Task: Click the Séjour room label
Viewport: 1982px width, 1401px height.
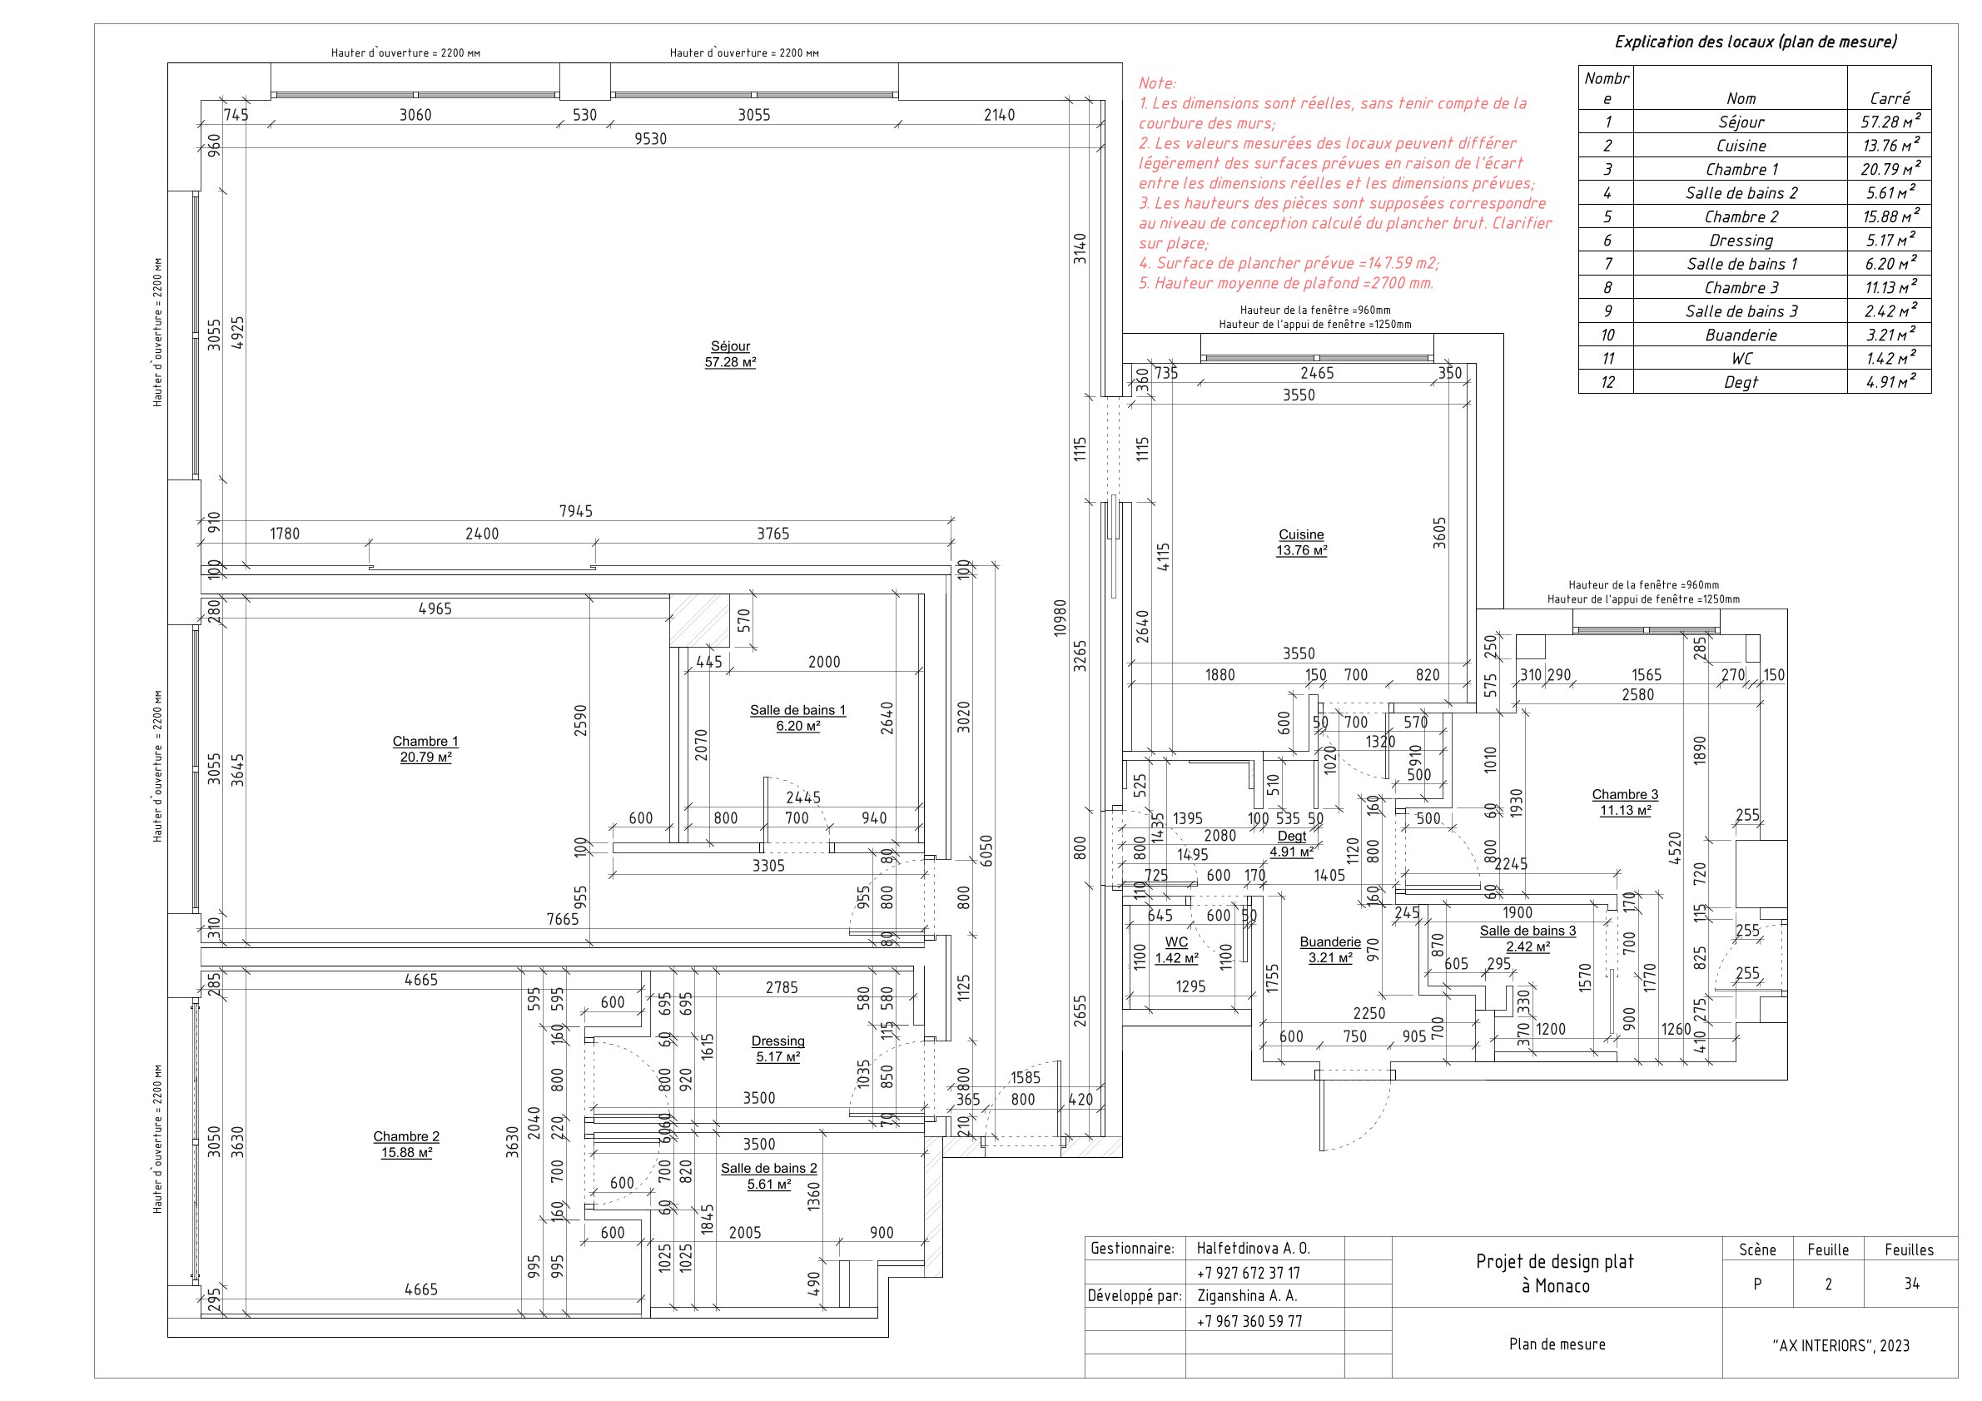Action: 729,346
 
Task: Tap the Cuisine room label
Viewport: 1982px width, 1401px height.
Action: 1301,535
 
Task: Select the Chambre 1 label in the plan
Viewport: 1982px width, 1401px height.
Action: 425,742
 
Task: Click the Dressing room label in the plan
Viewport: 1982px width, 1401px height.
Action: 777,1041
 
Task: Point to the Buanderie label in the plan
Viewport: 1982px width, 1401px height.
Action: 1329,941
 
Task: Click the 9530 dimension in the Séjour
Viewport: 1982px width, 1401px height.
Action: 650,139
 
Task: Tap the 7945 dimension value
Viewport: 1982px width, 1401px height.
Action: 576,512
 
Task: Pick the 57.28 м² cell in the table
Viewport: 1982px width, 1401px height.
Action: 1889,122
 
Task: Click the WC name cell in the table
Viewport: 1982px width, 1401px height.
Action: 1741,358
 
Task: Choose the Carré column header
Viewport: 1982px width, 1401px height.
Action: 1889,97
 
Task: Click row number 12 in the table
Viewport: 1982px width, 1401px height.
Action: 1607,381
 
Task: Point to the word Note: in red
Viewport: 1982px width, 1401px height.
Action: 1157,84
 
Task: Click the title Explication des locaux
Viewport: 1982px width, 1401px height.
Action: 1755,42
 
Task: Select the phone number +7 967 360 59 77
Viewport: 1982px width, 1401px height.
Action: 1249,1321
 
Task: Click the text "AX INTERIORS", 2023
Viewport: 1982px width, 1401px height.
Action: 1840,1346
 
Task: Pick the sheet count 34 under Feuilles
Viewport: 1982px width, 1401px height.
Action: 1911,1284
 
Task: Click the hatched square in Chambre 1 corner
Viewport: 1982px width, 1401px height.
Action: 699,620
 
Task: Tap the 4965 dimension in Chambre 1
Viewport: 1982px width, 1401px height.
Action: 435,609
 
